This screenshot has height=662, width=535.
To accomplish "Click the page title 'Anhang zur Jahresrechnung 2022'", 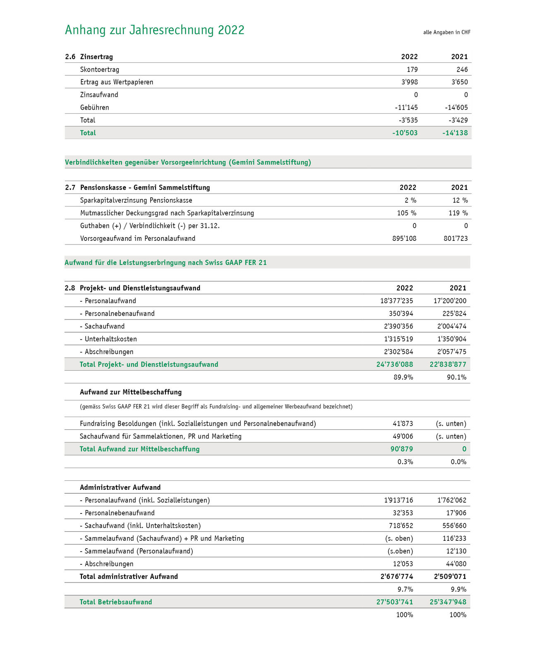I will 154,30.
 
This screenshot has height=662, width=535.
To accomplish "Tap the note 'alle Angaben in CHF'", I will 446,32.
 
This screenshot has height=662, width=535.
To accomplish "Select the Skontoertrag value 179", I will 412,70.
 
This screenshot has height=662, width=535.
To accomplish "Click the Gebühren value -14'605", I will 456,108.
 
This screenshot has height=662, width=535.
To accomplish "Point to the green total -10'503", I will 405,133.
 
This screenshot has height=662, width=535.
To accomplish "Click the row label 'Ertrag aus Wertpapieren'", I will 117,82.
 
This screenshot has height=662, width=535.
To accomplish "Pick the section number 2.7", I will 70,187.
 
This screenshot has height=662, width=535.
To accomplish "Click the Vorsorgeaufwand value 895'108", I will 404,238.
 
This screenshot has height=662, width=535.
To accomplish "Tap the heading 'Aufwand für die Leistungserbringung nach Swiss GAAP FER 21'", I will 166,262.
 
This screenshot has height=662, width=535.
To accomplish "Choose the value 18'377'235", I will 396,301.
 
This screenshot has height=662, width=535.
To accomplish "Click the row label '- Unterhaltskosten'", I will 108,339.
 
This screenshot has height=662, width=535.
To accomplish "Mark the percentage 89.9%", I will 403,377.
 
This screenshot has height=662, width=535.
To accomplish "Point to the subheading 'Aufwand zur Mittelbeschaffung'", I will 130,392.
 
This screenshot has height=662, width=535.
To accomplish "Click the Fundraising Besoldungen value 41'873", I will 403,424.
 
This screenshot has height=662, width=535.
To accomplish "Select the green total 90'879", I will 401,449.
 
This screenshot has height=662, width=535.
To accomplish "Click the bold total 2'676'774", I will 396,576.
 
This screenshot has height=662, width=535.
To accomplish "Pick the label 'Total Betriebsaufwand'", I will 115,602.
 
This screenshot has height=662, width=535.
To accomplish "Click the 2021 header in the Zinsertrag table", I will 459,57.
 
